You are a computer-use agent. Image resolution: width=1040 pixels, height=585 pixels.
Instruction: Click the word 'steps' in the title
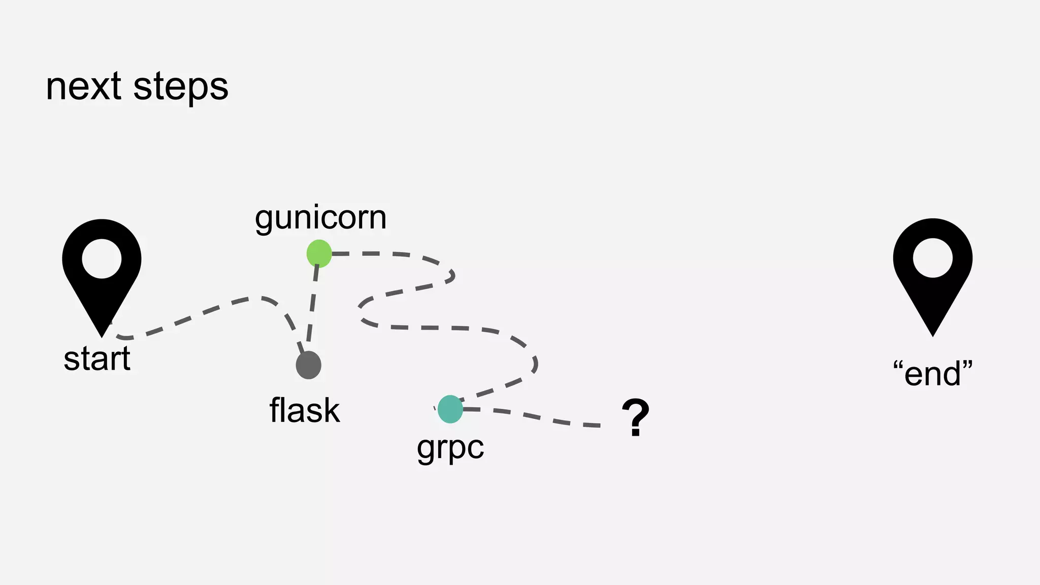(x=181, y=88)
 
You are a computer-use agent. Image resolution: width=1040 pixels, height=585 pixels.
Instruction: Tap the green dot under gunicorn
(x=319, y=253)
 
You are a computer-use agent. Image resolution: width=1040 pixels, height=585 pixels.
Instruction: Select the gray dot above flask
(x=308, y=365)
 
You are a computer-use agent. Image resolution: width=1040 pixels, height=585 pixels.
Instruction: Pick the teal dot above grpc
(x=450, y=409)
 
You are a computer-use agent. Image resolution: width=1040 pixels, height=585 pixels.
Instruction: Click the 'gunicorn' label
(x=320, y=218)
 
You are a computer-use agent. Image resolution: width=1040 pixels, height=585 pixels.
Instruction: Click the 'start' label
(x=97, y=359)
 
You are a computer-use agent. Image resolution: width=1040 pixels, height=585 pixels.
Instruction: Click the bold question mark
(x=635, y=417)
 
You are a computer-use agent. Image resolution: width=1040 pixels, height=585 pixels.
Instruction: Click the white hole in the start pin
(x=102, y=258)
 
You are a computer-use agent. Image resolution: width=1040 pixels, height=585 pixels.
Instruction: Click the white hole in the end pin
(x=932, y=258)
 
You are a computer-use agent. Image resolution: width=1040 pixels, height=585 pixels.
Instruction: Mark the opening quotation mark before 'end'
(x=898, y=365)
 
